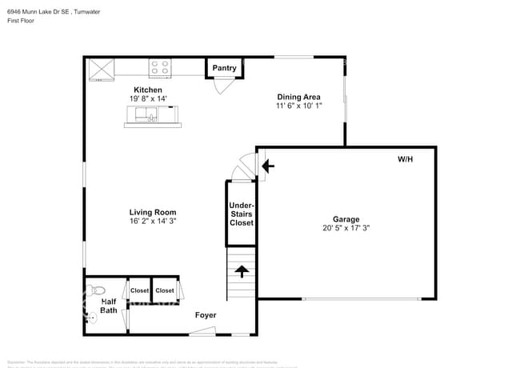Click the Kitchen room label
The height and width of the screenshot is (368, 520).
click(147, 90)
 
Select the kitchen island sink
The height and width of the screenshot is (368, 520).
click(146, 119)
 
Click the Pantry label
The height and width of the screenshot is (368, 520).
click(225, 68)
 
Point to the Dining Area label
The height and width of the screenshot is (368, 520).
click(299, 97)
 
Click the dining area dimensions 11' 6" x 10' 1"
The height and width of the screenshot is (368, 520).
click(299, 106)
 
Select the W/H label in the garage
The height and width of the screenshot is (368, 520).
click(406, 159)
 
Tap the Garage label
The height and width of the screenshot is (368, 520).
click(346, 219)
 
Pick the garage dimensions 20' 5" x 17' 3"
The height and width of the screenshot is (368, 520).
click(346, 228)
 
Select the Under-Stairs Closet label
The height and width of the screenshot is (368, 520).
click(241, 214)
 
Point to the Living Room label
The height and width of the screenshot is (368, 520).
click(153, 212)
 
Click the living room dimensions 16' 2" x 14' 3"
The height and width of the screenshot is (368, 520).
click(153, 221)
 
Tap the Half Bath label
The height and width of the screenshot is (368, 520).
click(109, 306)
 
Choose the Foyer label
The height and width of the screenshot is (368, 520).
click(206, 315)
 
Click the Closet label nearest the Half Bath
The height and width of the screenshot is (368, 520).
click(140, 290)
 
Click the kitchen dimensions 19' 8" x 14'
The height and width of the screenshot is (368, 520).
click(147, 98)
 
